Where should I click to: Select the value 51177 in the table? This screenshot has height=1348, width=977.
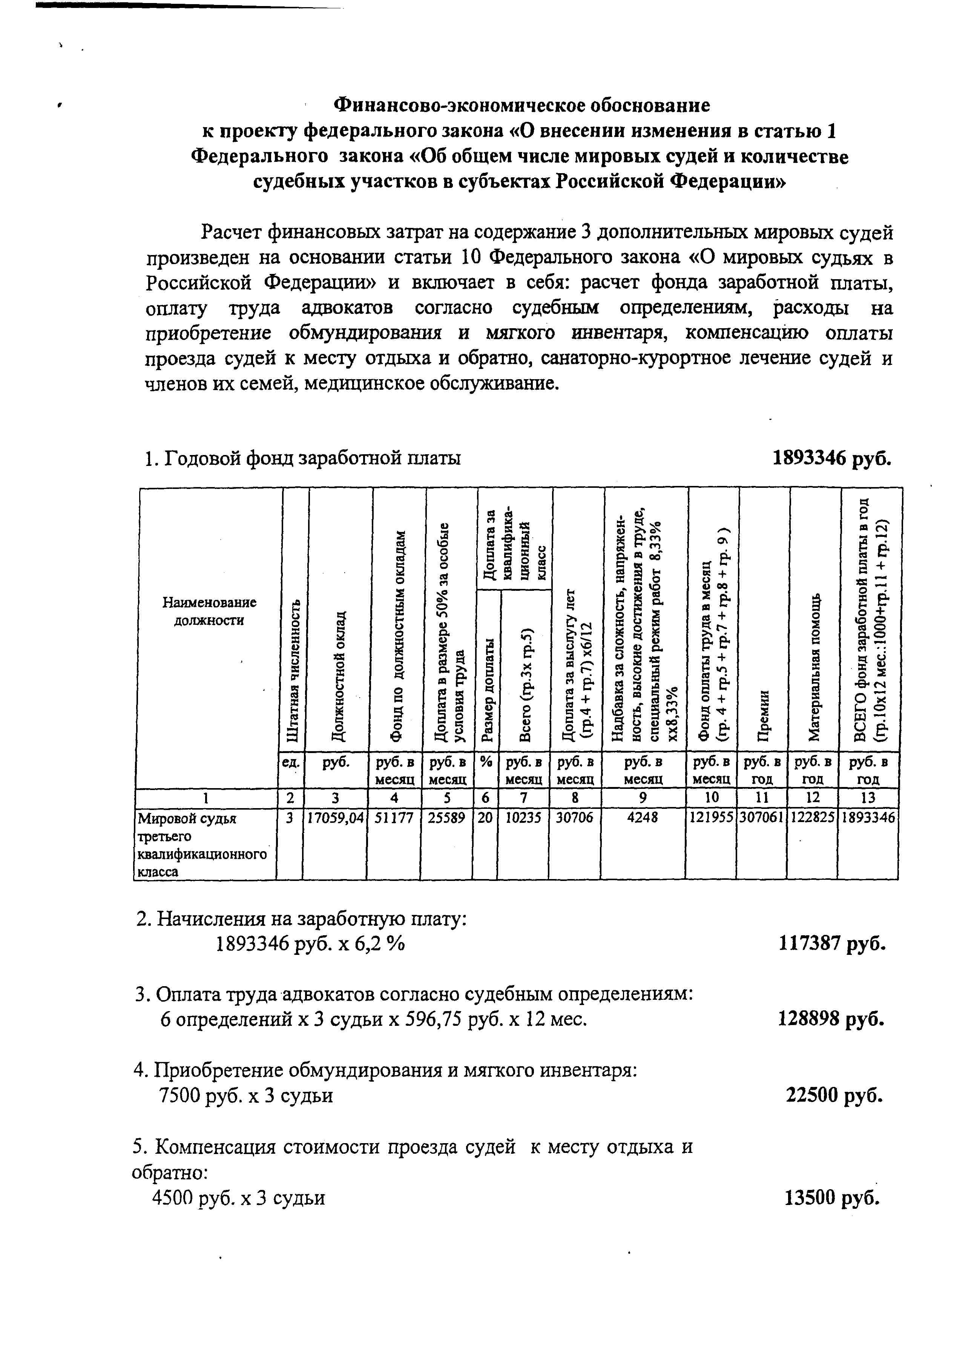[394, 818]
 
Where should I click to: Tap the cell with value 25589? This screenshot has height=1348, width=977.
[447, 818]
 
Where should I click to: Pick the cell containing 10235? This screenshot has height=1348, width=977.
[523, 818]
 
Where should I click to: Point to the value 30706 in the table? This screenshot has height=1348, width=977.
[574, 818]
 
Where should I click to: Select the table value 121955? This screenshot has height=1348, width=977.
[711, 818]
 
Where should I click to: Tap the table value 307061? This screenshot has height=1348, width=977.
[761, 818]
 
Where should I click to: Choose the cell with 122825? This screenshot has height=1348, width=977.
[812, 818]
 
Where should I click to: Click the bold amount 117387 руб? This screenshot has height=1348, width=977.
[831, 944]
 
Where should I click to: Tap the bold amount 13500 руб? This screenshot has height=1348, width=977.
[831, 1197]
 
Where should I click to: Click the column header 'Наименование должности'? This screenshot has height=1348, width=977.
[209, 611]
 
